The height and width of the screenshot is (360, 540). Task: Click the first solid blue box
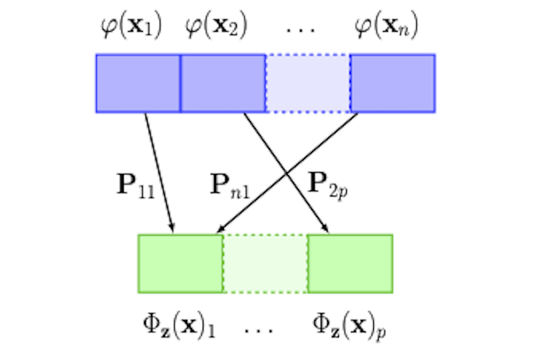tap(138, 83)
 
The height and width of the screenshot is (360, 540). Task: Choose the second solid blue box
tap(223, 83)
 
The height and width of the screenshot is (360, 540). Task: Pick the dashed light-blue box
tap(308, 83)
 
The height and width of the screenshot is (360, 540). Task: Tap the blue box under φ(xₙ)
tap(393, 83)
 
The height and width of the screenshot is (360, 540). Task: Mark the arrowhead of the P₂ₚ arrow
tap(326, 229)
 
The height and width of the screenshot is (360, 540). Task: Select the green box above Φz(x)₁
tap(180, 263)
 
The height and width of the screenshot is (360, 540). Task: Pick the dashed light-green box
tap(265, 263)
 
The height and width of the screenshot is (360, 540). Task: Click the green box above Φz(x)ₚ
tap(350, 263)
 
